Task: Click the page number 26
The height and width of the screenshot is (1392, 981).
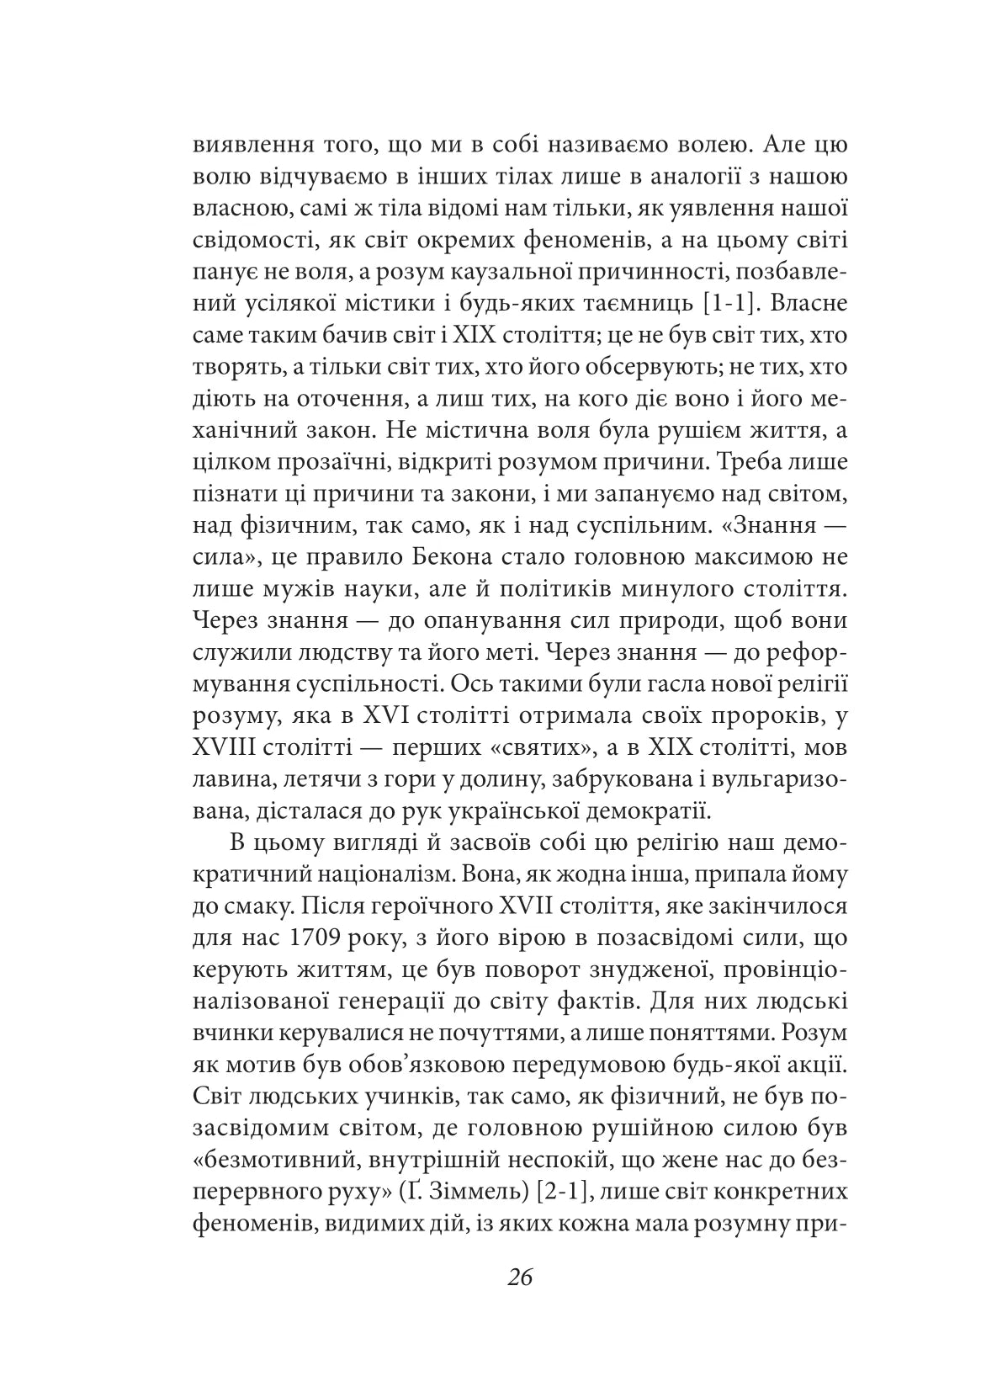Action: tap(520, 1277)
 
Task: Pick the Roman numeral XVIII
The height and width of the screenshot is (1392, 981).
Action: tap(226, 747)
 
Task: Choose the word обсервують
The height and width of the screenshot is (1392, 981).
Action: tap(583, 366)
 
